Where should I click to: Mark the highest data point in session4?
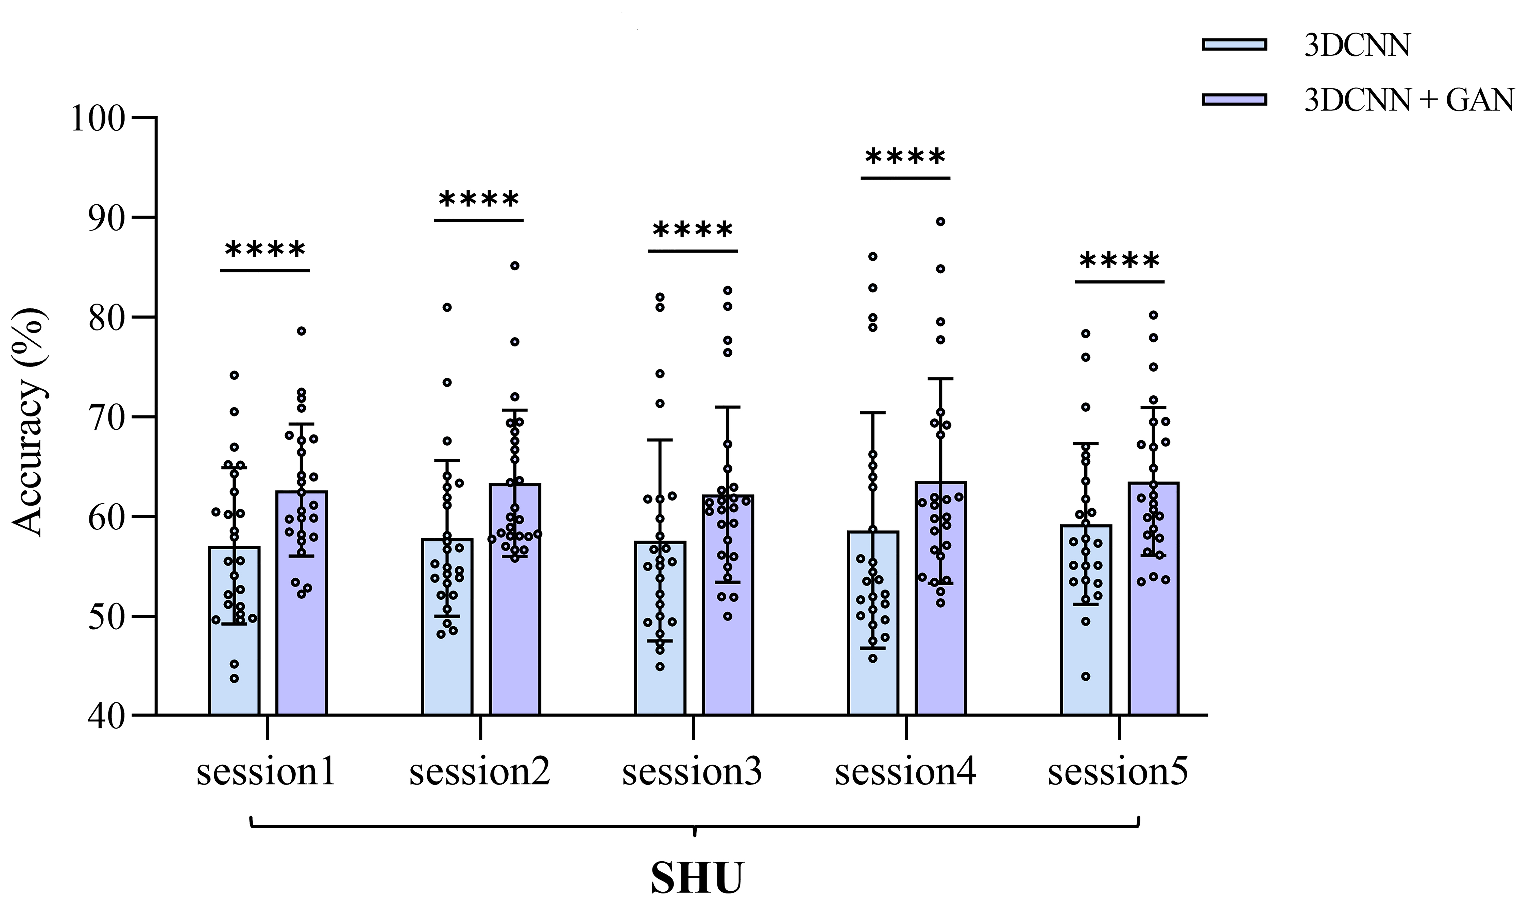tap(940, 221)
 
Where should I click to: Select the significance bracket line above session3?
tap(692, 251)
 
